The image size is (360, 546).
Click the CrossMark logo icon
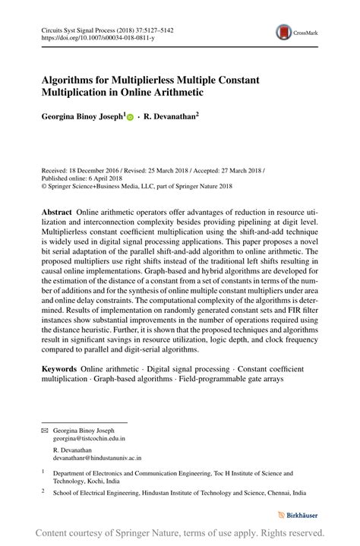coord(283,32)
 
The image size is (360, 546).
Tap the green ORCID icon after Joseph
coord(129,118)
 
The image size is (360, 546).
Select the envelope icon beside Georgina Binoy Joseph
coord(43,430)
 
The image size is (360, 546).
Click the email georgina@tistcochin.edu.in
coord(89,438)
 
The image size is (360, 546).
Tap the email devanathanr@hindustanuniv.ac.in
coord(97,458)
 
